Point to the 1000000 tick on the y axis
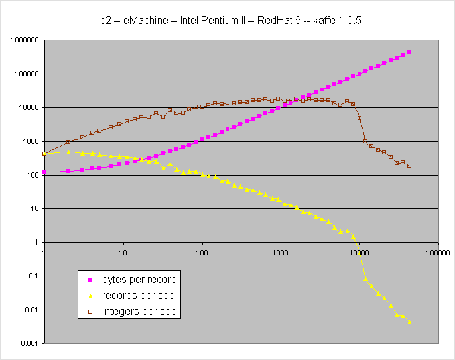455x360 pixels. tap(23, 40)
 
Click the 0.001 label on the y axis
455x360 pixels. tap(29, 343)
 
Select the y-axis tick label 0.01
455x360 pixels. tap(31, 310)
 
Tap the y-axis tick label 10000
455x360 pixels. tap(27, 107)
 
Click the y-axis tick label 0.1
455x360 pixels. tap(33, 276)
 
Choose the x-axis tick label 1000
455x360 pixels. tap(281, 253)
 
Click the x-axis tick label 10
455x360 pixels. tap(123, 253)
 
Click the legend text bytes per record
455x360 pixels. tap(140, 279)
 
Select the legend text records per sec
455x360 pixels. tap(138, 296)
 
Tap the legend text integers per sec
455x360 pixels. tap(140, 312)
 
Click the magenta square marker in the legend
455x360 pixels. tap(89, 279)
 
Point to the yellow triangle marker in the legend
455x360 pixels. tap(89, 296)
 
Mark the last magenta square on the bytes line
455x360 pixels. tap(409, 52)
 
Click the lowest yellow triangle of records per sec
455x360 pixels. tap(409, 322)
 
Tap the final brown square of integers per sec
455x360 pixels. tap(409, 166)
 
